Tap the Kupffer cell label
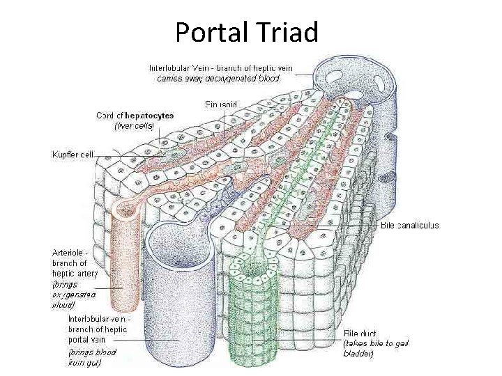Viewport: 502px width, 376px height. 72,154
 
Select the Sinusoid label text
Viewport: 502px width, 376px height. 221,104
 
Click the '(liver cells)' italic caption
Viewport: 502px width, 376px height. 133,126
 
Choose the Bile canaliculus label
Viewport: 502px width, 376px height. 409,226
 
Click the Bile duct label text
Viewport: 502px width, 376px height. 360,333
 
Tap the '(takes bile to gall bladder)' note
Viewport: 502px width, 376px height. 376,349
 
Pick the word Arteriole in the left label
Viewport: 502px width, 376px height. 68,252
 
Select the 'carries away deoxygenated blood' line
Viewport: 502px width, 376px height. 218,79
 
